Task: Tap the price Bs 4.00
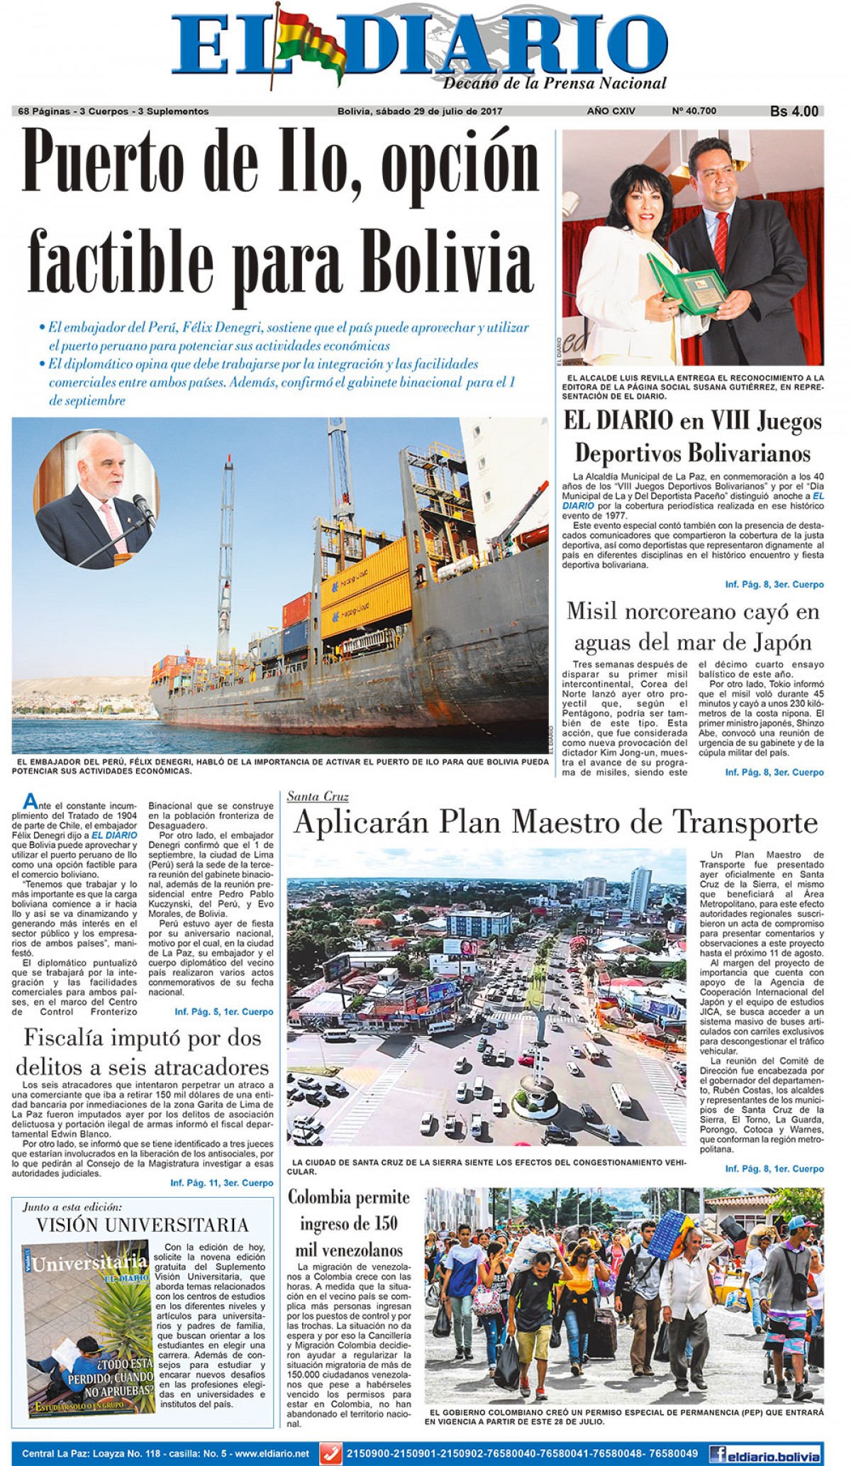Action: [794, 111]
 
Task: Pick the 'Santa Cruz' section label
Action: [318, 796]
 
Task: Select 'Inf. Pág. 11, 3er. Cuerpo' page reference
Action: [221, 1183]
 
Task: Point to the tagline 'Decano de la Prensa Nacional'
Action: [555, 84]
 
